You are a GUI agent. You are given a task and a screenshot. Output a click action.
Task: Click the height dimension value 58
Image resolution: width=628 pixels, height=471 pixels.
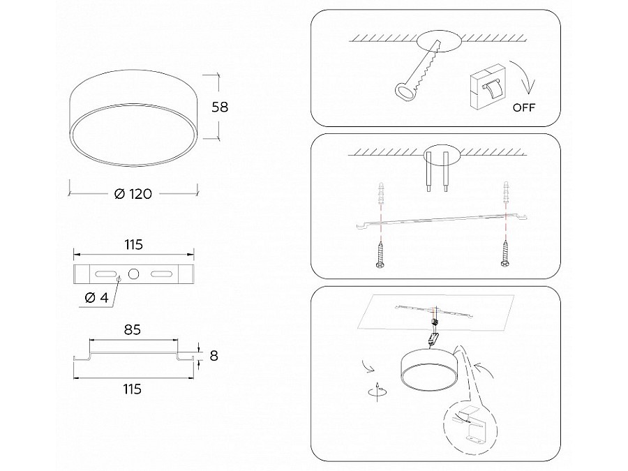220,107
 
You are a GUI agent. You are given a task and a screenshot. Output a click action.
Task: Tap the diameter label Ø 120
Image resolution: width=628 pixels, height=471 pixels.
133,194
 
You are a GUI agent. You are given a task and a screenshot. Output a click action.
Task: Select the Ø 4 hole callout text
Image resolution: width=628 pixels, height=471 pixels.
97,297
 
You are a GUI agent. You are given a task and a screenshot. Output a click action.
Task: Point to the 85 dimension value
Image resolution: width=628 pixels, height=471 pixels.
132,329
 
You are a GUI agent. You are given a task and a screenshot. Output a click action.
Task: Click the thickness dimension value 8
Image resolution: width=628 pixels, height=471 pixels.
214,356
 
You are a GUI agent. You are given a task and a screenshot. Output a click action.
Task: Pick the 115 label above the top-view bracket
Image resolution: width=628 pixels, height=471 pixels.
133,245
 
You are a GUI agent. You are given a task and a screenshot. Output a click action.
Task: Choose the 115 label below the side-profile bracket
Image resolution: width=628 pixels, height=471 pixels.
132,389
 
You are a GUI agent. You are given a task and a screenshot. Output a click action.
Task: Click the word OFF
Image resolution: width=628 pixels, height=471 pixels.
524,107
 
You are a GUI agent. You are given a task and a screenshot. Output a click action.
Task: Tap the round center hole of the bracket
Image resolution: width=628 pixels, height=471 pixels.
133,274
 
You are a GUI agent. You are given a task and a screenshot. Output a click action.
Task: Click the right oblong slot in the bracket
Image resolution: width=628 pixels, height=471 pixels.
161,274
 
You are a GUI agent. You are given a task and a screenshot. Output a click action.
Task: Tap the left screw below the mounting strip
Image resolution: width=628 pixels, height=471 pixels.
380,254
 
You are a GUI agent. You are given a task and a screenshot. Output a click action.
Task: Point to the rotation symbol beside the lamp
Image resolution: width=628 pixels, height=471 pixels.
377,391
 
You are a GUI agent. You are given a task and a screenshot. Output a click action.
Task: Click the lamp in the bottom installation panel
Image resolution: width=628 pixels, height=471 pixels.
428,368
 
